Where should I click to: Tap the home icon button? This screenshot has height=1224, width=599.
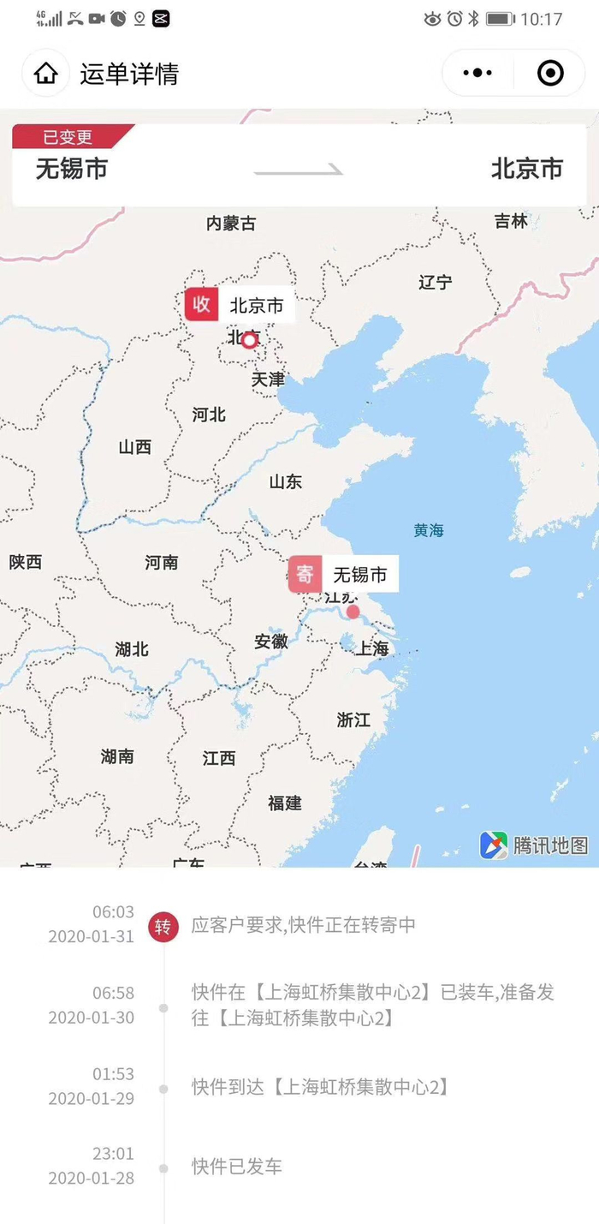pyautogui.click(x=46, y=74)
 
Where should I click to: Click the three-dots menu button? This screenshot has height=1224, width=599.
pyautogui.click(x=477, y=74)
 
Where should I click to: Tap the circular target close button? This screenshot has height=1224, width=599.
pyautogui.click(x=550, y=74)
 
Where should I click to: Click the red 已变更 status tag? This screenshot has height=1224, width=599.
pyautogui.click(x=69, y=137)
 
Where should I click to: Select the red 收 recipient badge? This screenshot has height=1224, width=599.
pyautogui.click(x=202, y=304)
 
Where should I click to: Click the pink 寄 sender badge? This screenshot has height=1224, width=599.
pyautogui.click(x=305, y=574)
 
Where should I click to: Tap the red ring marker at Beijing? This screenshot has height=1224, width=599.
pyautogui.click(x=249, y=341)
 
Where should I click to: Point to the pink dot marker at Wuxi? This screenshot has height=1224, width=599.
pyautogui.click(x=353, y=612)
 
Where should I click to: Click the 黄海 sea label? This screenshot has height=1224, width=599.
pyautogui.click(x=429, y=530)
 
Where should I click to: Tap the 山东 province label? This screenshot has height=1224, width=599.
pyautogui.click(x=286, y=481)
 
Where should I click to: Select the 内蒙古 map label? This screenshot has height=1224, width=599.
pyautogui.click(x=231, y=224)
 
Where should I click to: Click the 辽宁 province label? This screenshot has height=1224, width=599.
pyautogui.click(x=436, y=282)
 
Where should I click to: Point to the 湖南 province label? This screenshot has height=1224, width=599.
pyautogui.click(x=117, y=756)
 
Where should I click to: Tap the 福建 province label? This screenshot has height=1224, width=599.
pyautogui.click(x=285, y=803)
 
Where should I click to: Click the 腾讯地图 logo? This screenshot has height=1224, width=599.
pyautogui.click(x=535, y=845)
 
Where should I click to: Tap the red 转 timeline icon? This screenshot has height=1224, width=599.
pyautogui.click(x=163, y=926)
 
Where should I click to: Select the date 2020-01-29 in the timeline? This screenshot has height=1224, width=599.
pyautogui.click(x=92, y=1098)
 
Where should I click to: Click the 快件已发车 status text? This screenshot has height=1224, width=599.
pyautogui.click(x=237, y=1167)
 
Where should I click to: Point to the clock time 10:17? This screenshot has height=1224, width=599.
pyautogui.click(x=542, y=19)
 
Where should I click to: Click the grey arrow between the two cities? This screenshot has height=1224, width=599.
pyautogui.click(x=299, y=171)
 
